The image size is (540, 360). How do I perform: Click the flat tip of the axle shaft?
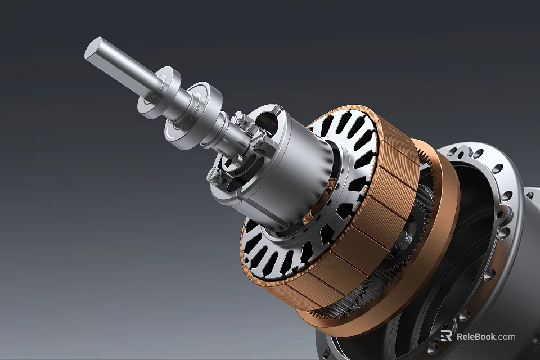(92, 48)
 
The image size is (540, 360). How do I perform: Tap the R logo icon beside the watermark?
(447, 336)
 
